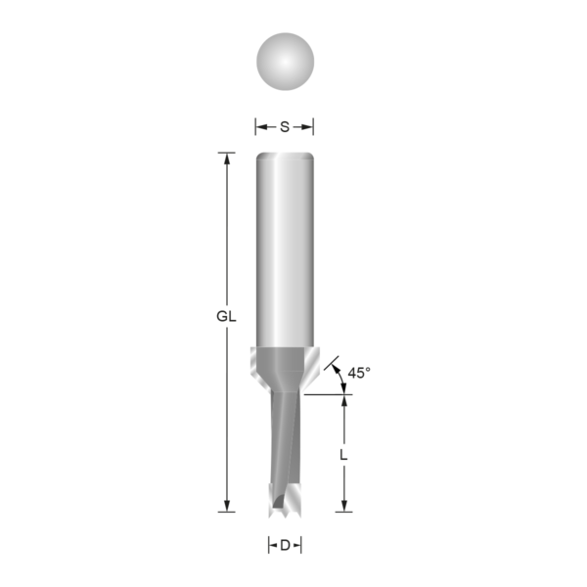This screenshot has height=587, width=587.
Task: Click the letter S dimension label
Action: click(285, 126)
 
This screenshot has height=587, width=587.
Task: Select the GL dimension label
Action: click(226, 317)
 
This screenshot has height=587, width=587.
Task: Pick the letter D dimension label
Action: click(285, 546)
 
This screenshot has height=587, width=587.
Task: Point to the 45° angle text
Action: click(359, 372)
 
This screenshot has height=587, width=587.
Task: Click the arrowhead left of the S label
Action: click(260, 126)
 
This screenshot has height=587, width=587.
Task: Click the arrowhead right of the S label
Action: click(309, 126)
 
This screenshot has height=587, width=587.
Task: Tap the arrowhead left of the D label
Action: click(271, 546)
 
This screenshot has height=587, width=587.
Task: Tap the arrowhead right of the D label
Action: click(298, 546)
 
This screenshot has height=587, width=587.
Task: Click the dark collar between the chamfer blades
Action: click(285, 367)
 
